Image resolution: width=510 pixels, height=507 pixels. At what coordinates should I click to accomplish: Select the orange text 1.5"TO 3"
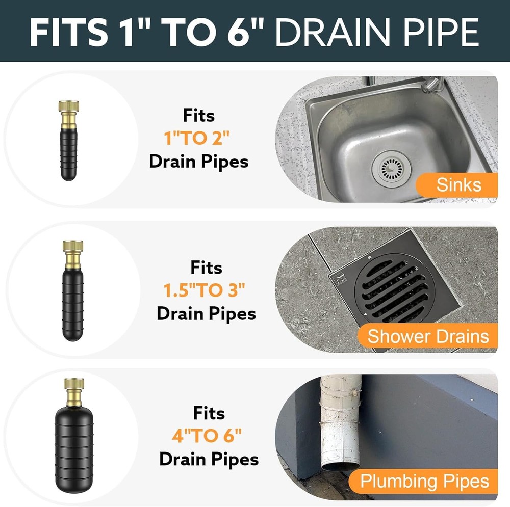coord(205,290)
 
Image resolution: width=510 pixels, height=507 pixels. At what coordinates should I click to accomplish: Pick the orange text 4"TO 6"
coord(207,436)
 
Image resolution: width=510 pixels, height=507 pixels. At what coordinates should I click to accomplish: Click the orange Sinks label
coord(458,184)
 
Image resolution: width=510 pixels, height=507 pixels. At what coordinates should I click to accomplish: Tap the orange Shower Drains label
coord(428,336)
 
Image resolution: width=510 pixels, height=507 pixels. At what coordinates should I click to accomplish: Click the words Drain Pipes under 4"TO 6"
coord(209,459)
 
